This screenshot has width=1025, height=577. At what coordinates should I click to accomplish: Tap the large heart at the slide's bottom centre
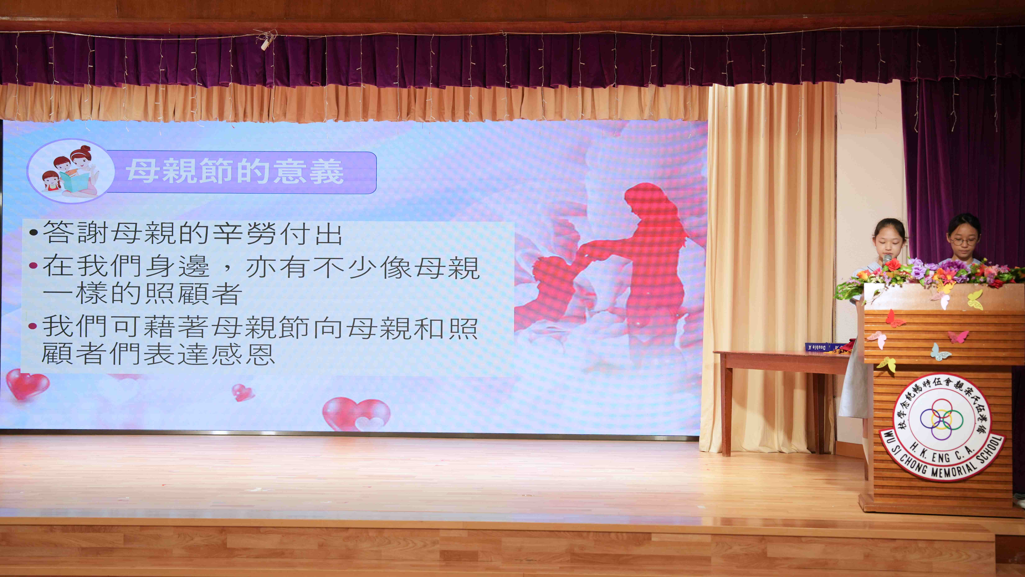[x=356, y=414]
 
